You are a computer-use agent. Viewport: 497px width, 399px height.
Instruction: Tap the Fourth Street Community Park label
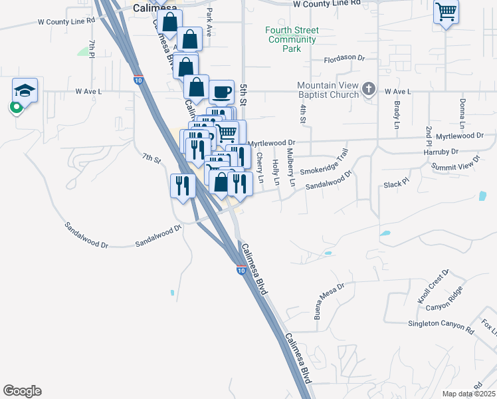pos(292,39)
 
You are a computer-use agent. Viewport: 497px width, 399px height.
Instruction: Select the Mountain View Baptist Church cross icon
pos(370,90)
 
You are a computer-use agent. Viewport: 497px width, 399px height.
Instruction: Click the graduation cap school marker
pos(25,90)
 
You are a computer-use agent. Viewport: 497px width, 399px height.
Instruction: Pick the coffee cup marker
pos(221,91)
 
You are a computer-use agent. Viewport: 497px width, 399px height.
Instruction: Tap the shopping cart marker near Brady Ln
pos(445,11)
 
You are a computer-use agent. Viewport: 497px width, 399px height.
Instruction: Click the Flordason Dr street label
pos(344,59)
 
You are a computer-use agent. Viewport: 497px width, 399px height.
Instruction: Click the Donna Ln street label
pos(462,114)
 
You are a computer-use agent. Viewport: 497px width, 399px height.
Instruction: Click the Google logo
pos(22,391)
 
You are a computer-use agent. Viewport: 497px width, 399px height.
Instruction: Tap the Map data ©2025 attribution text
pos(468,394)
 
